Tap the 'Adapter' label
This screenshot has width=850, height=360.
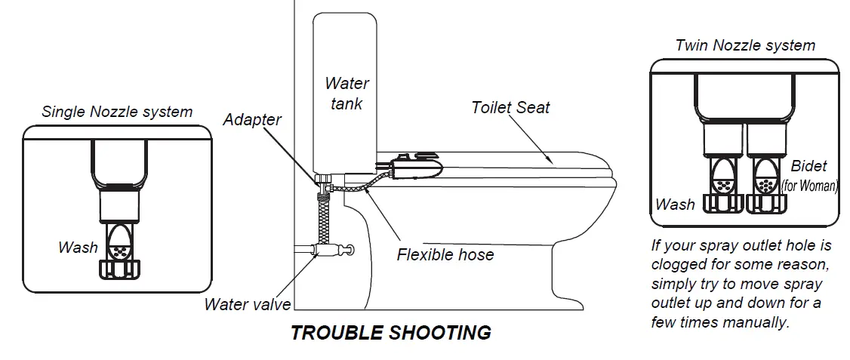click(x=252, y=119)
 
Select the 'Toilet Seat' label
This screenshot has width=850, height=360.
click(x=510, y=107)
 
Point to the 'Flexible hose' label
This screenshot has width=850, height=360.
click(x=445, y=254)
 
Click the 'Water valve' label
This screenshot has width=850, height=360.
click(x=248, y=305)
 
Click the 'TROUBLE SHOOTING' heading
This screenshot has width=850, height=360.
click(x=391, y=333)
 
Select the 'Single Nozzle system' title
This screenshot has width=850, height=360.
click(x=117, y=112)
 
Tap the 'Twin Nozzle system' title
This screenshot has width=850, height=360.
click(x=745, y=45)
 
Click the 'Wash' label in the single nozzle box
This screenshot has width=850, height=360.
click(x=78, y=248)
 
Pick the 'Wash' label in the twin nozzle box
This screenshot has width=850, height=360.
click(x=675, y=204)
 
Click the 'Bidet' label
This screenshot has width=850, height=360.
click(x=808, y=166)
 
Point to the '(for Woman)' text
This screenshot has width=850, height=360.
click(x=809, y=184)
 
